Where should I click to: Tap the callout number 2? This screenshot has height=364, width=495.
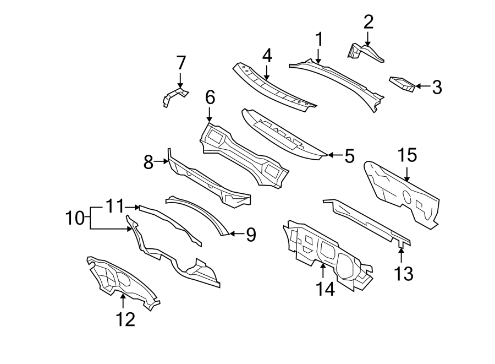[x=369, y=22]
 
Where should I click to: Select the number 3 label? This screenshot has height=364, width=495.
[x=436, y=86]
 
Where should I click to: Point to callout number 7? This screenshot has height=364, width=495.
[x=181, y=63]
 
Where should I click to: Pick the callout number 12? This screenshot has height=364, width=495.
[x=125, y=319]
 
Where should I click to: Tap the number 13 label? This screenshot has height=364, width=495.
[x=404, y=273]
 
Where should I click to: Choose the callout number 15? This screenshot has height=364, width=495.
[x=408, y=156]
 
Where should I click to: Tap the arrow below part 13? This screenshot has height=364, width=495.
[x=402, y=254]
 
